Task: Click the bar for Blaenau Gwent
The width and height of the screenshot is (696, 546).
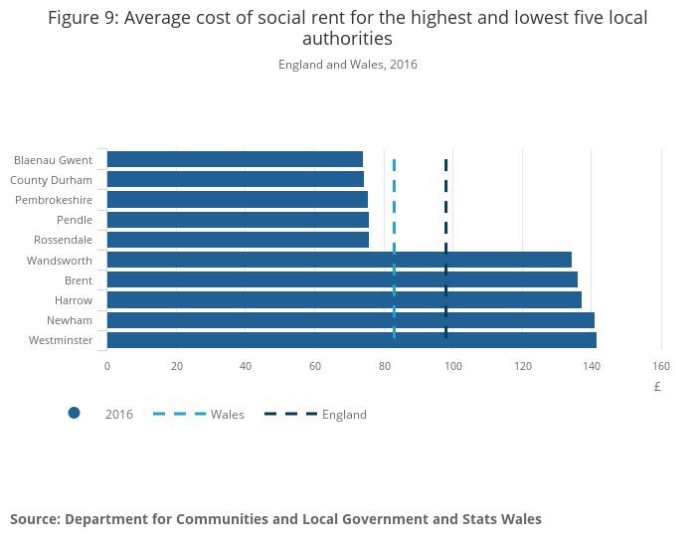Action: pos(235,159)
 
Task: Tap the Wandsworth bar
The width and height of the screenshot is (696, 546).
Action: pos(339,260)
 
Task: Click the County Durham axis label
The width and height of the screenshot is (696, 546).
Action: pos(51,180)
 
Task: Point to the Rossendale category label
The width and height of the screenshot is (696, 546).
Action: pos(63,240)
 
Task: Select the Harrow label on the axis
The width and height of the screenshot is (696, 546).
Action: pos(74,300)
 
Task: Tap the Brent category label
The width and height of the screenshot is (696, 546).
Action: pos(79,280)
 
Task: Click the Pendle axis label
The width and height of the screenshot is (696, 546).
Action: pos(75,220)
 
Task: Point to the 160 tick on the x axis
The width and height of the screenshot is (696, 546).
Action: pos(661,366)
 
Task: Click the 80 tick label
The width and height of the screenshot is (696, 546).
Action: pos(385,366)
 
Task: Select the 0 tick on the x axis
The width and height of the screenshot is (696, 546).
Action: pos(107,366)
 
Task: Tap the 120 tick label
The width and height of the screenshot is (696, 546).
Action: pos(523,366)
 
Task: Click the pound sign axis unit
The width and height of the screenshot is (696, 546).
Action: pos(657,387)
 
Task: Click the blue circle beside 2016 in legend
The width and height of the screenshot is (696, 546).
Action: pos(74,414)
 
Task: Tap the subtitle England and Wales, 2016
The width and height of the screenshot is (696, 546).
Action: pos(348,65)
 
